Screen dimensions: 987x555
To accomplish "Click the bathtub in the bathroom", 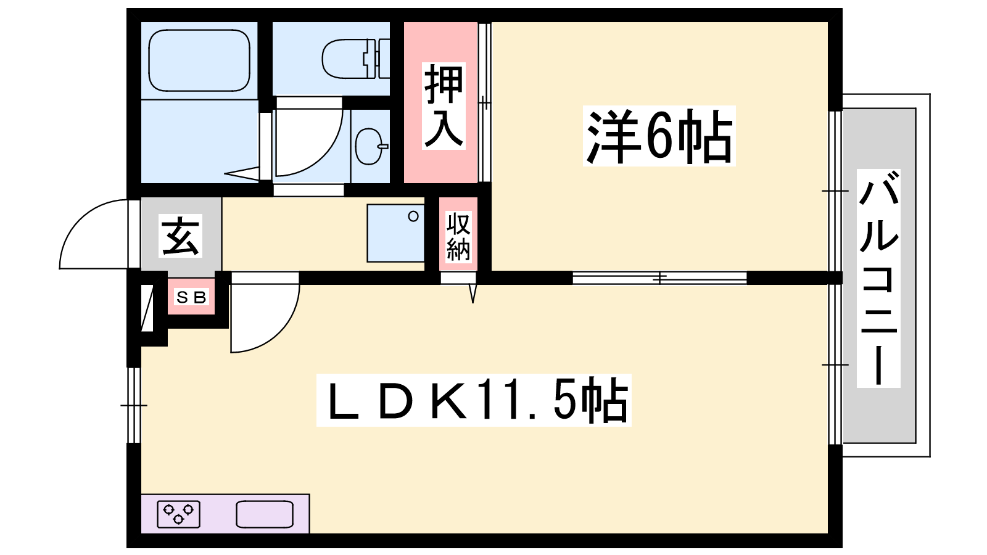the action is tap(199, 60).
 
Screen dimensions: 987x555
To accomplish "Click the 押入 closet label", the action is tap(444, 106).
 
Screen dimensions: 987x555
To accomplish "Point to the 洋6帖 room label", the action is tap(659, 136).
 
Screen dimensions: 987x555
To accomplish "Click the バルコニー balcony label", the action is tap(878, 278).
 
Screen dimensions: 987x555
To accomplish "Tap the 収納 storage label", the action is tap(458, 237).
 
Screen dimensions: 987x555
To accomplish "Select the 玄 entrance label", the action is tap(180, 236).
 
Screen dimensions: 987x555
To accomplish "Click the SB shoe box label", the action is tap(191, 298).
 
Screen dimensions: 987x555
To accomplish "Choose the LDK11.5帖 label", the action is tap(474, 400).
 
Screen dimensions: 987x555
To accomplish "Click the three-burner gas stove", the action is tap(178, 514).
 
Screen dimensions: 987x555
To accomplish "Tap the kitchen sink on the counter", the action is tap(265, 514).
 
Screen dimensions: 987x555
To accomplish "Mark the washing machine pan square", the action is tap(395, 233).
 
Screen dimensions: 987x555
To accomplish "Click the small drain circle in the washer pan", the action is tap(413, 216).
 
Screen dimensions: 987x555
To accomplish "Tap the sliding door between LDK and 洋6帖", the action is tap(659, 278).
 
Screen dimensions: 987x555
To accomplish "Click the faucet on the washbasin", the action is tap(383, 146).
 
